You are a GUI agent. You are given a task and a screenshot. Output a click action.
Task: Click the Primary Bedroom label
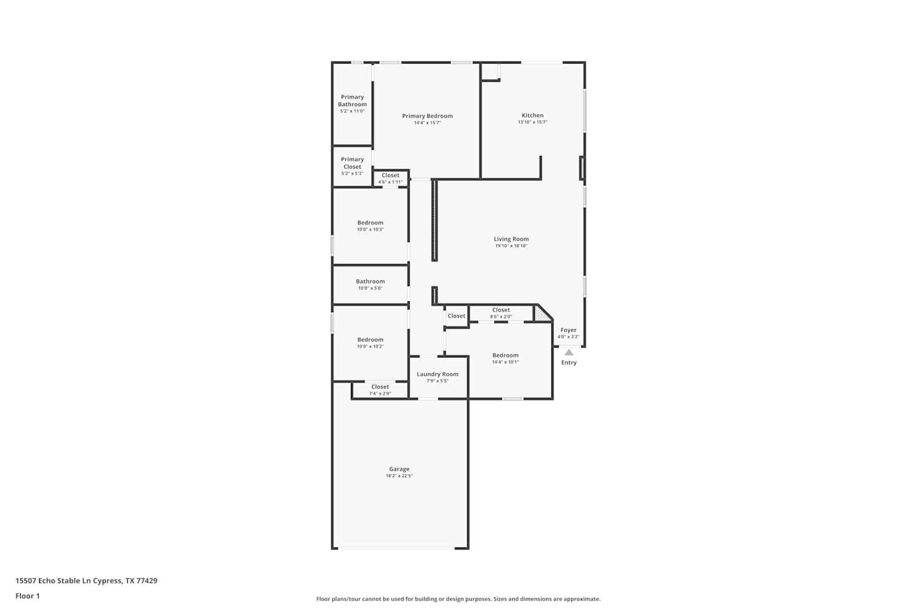point(427,116)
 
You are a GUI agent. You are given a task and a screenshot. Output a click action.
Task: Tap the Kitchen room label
point(532,115)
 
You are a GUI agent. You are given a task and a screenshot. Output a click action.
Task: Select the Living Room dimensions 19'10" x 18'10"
point(511,246)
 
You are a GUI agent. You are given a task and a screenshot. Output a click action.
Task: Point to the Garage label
point(399,469)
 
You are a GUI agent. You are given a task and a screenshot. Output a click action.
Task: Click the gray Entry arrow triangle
point(569,352)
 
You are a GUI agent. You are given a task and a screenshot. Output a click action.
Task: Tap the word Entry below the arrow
point(569,363)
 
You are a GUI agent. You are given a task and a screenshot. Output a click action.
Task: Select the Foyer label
point(569,330)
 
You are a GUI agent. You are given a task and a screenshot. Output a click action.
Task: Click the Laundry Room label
point(438,375)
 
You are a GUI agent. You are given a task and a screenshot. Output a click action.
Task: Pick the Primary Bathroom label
point(353,101)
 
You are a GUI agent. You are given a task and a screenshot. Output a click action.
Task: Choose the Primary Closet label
point(353,163)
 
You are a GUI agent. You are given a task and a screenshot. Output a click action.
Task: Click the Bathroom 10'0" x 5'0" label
point(370,282)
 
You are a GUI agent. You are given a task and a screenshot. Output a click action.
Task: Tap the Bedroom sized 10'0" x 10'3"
point(370,223)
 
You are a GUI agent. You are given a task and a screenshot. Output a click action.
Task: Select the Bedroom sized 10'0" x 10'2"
point(370,340)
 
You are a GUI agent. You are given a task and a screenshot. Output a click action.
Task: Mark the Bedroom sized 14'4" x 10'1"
point(506,356)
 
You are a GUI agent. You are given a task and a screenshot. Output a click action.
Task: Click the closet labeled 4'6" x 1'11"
point(391,176)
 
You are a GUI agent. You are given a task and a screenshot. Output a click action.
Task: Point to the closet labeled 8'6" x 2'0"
point(501,310)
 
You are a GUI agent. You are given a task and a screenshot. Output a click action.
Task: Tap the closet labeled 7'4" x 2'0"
point(380,387)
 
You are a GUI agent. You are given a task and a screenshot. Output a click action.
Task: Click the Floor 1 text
point(28,596)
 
